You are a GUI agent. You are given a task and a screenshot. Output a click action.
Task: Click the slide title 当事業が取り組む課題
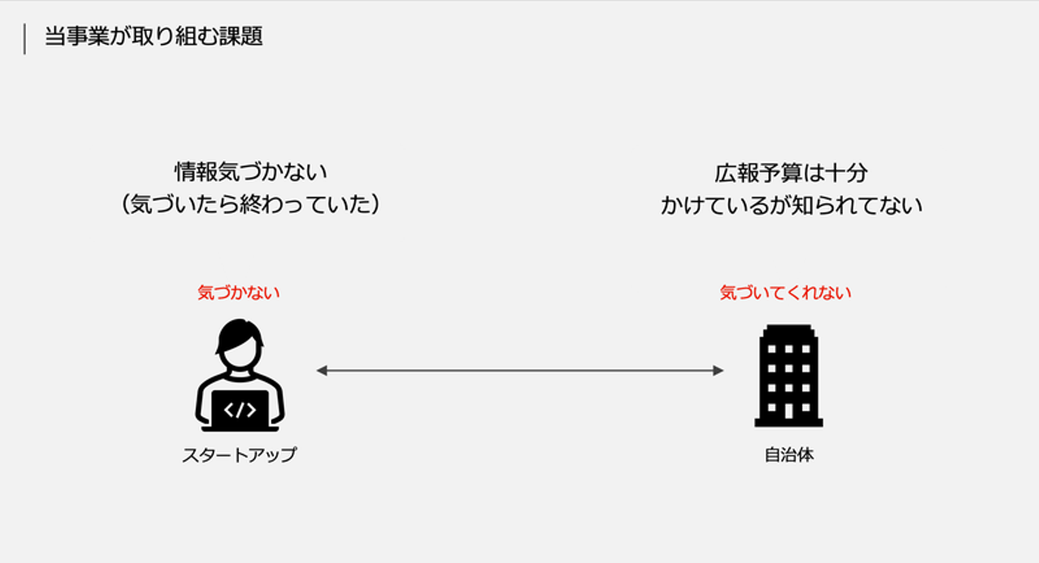154,37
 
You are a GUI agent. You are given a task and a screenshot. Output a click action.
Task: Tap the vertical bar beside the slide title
25,39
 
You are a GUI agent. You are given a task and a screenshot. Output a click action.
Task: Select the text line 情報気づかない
250,172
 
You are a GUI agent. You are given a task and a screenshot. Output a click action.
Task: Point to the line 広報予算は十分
791,173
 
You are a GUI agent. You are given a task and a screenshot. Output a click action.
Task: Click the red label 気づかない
239,293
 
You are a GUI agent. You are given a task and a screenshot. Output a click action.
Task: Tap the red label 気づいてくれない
786,293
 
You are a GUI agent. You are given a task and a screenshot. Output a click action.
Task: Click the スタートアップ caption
239,455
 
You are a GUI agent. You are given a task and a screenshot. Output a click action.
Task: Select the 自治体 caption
789,455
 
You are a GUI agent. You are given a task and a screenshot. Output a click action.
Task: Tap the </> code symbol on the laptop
240,410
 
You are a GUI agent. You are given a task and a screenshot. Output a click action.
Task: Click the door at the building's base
789,411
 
